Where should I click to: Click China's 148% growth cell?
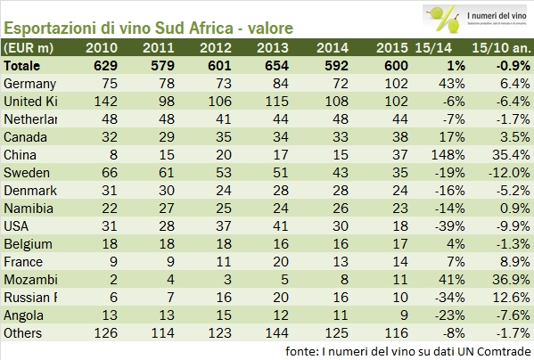[444, 155]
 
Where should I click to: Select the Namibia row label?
[28, 208]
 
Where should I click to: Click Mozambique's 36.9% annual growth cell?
[506, 280]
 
